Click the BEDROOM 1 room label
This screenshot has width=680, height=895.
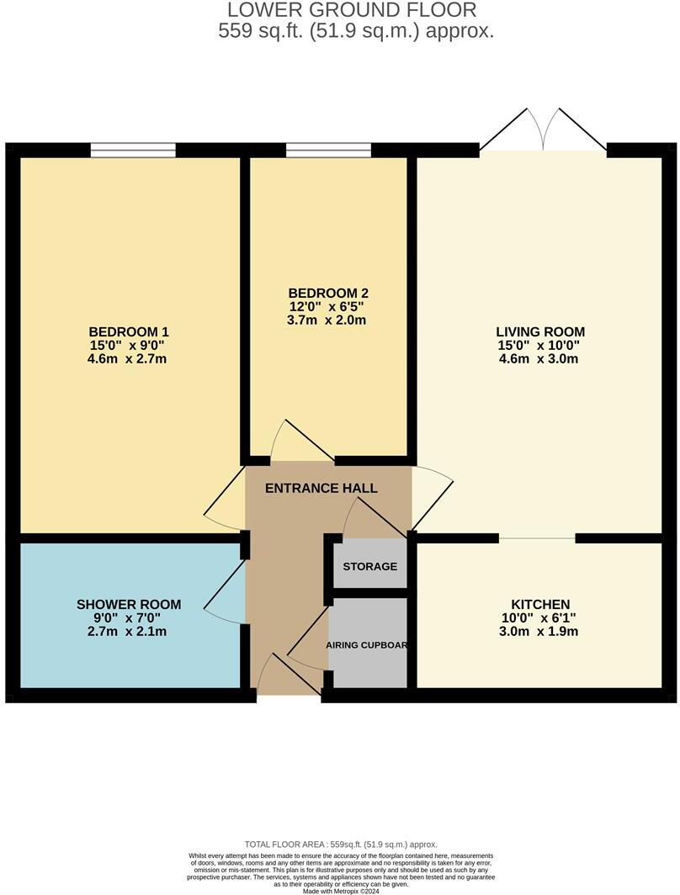pos(129,331)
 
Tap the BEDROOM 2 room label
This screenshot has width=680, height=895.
pos(328,293)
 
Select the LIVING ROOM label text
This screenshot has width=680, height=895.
pos(540,331)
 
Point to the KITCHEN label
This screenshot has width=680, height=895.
pos(540,605)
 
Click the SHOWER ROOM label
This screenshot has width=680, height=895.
pos(129,604)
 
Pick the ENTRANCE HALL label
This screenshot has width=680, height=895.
pos(321,488)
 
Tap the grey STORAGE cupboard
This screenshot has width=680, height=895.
pos(370,566)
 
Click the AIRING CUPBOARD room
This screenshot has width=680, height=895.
pos(368,645)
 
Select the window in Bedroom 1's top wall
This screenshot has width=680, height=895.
pos(133,151)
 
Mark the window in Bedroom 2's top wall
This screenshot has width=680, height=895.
pos(328,151)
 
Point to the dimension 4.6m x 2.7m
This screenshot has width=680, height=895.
pos(129,359)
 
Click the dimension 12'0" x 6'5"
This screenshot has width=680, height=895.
pos(328,307)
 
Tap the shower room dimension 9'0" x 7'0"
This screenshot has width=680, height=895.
pos(129,618)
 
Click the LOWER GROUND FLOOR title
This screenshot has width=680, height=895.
pos(352,10)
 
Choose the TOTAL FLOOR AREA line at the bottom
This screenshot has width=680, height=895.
pos(341,845)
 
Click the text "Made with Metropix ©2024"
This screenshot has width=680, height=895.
pos(341,890)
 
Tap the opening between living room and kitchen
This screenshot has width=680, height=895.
pos(538,538)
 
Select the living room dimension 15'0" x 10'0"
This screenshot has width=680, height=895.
pos(540,345)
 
